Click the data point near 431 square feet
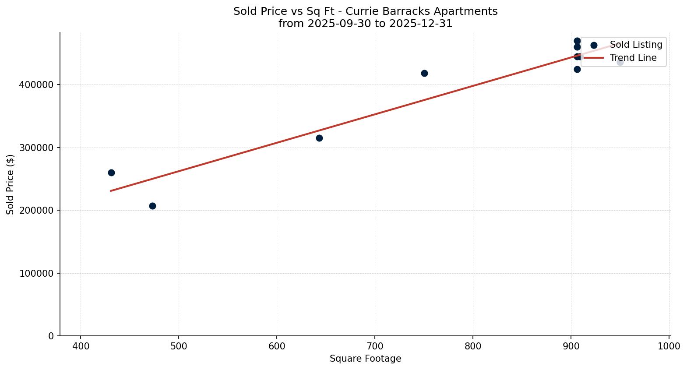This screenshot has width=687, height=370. tap(111, 173)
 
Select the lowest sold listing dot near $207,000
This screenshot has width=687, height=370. tap(152, 206)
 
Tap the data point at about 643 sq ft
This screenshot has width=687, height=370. tap(319, 138)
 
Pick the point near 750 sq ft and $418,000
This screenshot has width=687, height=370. tap(424, 73)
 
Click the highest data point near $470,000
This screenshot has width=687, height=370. tap(577, 41)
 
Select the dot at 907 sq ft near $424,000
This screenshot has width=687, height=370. tap(577, 69)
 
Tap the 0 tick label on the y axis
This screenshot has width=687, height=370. tap(51, 336)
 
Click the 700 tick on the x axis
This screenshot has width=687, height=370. tap(375, 346)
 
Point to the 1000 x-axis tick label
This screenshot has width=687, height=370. tap(669, 346)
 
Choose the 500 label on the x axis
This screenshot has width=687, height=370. tap(179, 346)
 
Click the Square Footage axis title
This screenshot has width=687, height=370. tap(365, 359)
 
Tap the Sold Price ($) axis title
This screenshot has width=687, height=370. tap(11, 184)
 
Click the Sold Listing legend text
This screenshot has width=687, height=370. tap(636, 45)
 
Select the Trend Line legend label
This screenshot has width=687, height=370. tap(633, 58)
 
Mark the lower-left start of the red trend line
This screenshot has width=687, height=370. tap(111, 191)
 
